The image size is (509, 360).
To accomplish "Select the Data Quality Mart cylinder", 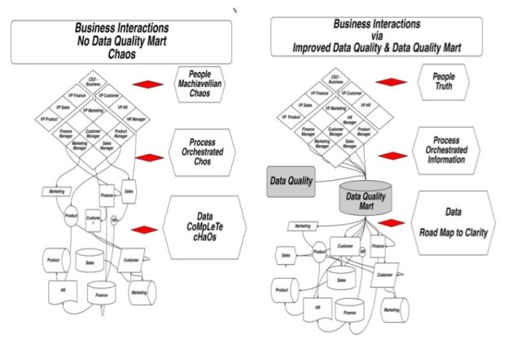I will click(366, 200).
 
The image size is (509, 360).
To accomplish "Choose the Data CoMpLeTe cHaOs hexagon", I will click(204, 222).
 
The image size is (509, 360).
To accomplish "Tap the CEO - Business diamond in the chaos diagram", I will click(94, 81).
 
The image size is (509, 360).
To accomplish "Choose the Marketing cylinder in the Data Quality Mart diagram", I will click(392, 310).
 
